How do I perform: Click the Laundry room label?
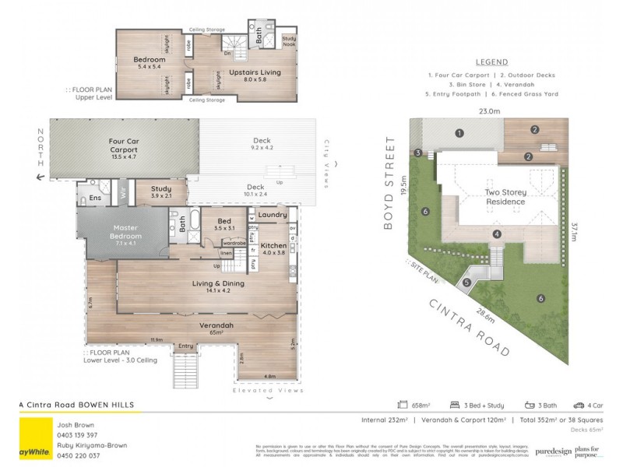coord(272,215)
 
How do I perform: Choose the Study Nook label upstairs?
coord(288,41)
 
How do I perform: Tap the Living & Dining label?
coord(218,283)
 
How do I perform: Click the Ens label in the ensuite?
coord(95,198)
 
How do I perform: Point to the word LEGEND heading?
coord(491,62)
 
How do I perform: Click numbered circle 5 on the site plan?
coord(466,283)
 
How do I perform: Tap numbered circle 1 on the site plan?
coord(459,133)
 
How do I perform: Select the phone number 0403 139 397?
coord(76,434)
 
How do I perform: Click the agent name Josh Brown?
coord(74,424)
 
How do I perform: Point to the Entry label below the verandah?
coord(185,346)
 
